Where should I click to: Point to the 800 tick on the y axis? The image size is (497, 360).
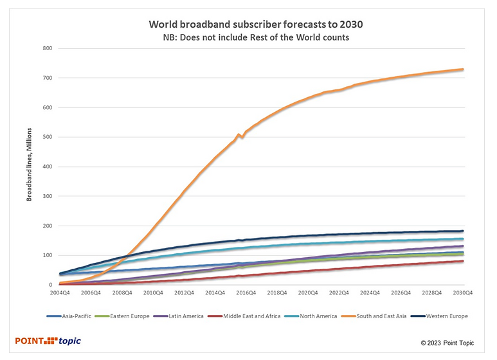point(48,48)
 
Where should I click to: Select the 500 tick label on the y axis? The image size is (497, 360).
point(48,137)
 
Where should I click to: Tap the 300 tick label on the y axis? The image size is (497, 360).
point(48,196)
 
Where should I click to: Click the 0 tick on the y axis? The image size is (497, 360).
point(50,285)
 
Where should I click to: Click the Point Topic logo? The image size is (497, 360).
point(49,341)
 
